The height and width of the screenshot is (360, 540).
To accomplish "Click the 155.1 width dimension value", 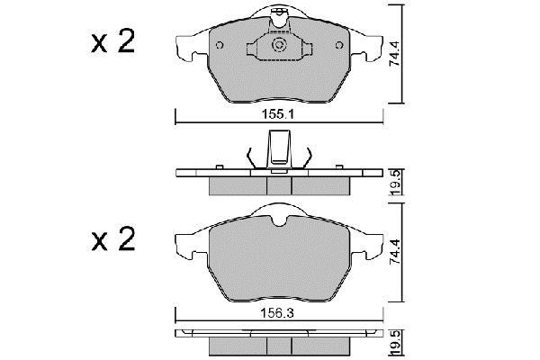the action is (x=278, y=114).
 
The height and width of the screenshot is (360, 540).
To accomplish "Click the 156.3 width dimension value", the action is (x=277, y=313).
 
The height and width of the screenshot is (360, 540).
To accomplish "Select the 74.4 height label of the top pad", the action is (x=394, y=54).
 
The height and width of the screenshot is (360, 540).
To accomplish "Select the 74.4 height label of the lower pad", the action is (x=394, y=252).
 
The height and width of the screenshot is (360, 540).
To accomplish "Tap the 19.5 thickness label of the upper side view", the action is (x=396, y=183).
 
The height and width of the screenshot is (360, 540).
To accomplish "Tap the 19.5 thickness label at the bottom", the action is (x=396, y=343).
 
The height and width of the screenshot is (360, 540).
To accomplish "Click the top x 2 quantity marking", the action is (x=113, y=41).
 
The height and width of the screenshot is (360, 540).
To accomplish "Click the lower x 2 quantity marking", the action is (x=113, y=238).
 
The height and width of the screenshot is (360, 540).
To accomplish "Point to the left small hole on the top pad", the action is (x=220, y=45).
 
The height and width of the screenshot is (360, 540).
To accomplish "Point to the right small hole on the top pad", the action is (x=339, y=45).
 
